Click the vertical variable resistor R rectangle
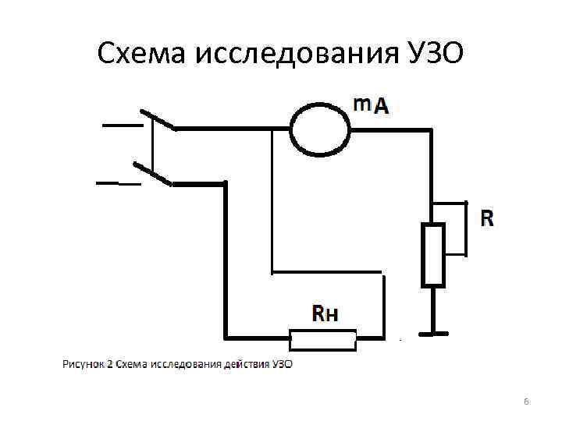click(x=432, y=255)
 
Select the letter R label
click(x=486, y=219)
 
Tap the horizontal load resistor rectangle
click(x=323, y=339)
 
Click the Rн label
click(x=325, y=314)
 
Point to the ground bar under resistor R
click(x=432, y=334)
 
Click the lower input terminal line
click(x=117, y=184)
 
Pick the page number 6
click(x=525, y=401)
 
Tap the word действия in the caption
click(x=247, y=364)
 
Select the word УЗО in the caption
click(x=283, y=364)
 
